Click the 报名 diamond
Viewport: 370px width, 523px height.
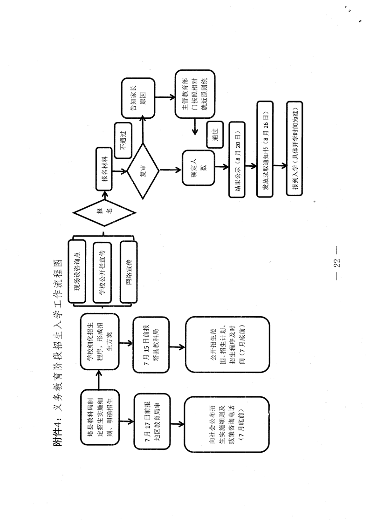pyautogui.click(x=104, y=213)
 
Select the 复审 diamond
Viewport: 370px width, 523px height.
pyautogui.click(x=143, y=171)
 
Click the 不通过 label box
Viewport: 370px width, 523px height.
pyautogui.click(x=123, y=141)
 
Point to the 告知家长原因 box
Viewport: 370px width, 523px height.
pyautogui.click(x=138, y=98)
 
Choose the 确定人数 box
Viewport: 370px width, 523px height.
pyautogui.click(x=199, y=168)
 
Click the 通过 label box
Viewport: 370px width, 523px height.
pyautogui.click(x=215, y=135)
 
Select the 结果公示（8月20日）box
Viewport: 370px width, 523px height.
pyautogui.click(x=237, y=159)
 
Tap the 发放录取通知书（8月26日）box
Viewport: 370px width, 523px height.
pyautogui.click(x=265, y=149)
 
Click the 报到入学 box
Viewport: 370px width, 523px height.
pyautogui.click(x=295, y=149)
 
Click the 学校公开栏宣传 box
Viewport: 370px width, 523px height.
pyautogui.click(x=102, y=272)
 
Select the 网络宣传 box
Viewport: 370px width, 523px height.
pyautogui.click(x=129, y=272)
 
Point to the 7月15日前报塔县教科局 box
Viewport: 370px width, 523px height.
pyautogui.click(x=151, y=345)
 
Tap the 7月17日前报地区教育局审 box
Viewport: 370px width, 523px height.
pyautogui.click(x=152, y=421)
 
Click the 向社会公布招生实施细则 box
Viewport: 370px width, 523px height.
pyautogui.click(x=227, y=424)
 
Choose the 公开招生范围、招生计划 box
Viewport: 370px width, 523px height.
pyautogui.click(x=227, y=345)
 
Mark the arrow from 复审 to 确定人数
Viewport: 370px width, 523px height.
pyautogui.click(x=171, y=170)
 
